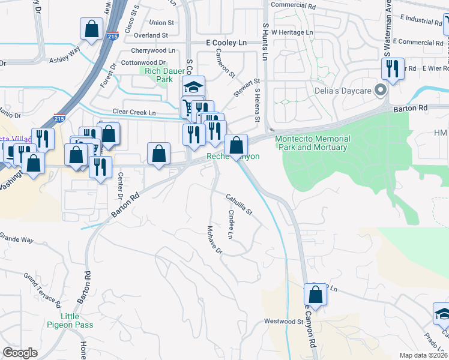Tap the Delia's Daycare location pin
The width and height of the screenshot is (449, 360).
tap(379, 91)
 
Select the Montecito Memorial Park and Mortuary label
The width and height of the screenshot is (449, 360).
tap(312, 143)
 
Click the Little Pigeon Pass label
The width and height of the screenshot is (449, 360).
tap(70, 320)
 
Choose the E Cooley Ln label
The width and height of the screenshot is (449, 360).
tap(226, 43)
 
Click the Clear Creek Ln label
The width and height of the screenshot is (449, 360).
tap(134, 113)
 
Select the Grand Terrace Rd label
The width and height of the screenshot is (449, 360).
tap(43, 288)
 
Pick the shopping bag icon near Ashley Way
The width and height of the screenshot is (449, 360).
tap(91, 28)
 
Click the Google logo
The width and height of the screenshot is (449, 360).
tap(20, 352)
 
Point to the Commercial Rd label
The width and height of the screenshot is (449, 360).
tap(294, 5)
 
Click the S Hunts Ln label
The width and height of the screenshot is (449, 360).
tap(265, 41)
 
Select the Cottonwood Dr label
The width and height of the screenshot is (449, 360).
tap(143, 62)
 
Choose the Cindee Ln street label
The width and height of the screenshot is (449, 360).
tap(231, 223)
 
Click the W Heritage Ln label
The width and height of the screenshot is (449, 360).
tap(292, 32)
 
